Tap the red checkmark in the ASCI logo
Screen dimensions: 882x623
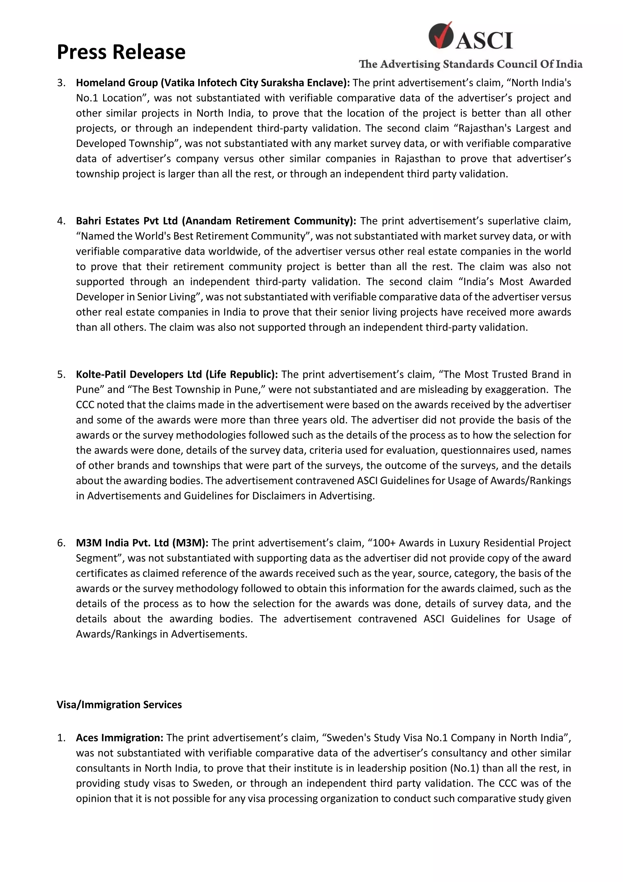(x=441, y=35)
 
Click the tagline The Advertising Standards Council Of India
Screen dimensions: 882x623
(x=470, y=64)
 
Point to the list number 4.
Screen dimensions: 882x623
(x=61, y=221)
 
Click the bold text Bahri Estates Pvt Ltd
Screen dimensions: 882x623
(x=127, y=221)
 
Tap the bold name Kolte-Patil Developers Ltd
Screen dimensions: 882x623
(x=139, y=374)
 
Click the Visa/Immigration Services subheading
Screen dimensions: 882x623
(x=119, y=705)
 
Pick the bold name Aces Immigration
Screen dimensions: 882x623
(x=119, y=737)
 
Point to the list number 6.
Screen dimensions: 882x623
(x=61, y=543)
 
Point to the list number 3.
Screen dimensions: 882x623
(x=61, y=82)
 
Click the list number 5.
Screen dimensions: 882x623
(x=61, y=374)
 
